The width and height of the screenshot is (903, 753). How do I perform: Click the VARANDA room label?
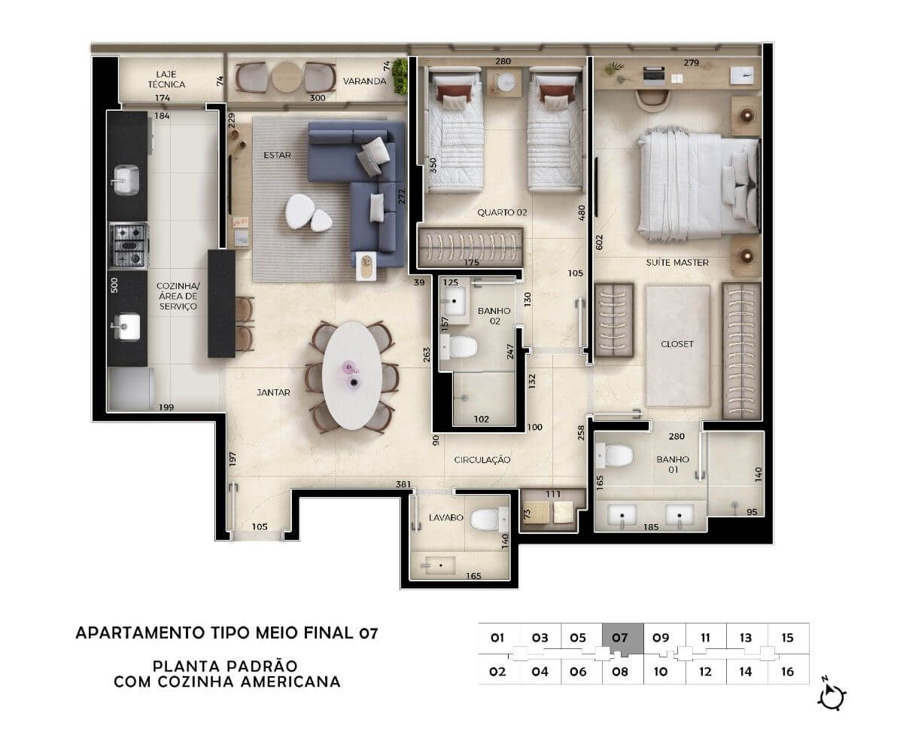coord(364,81)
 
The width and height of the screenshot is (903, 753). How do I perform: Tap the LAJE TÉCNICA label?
coord(166,79)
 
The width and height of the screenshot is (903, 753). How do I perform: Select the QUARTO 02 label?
coord(502,212)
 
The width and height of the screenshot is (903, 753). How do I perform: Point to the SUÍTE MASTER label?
coord(676,263)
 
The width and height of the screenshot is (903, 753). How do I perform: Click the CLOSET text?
coord(676,344)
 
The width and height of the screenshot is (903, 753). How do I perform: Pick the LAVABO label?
coord(446,517)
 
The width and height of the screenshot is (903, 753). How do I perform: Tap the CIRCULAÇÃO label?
coord(482,460)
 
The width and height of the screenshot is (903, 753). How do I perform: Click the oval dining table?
coord(352,375)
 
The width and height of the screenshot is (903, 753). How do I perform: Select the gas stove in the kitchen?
coord(129,245)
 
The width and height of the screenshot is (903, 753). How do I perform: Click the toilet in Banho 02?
coord(459,347)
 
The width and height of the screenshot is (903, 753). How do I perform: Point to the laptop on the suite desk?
coord(653,74)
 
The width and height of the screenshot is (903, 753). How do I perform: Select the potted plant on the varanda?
coord(400,76)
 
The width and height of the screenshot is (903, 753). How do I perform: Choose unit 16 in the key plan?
coord(788,672)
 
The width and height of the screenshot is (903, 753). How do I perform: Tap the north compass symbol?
coord(832,697)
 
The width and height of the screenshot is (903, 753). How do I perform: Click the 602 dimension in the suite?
coord(599,242)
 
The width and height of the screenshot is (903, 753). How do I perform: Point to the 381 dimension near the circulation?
coord(403,484)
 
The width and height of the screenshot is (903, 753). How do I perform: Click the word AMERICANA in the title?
coord(290,682)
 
